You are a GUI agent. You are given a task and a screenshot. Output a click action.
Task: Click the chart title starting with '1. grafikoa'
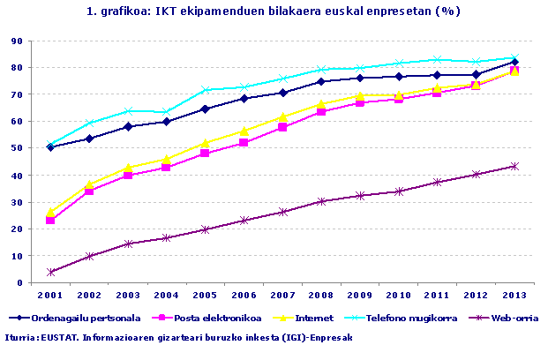tap(274, 11)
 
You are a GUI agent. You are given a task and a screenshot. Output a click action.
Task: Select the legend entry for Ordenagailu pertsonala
tap(79, 317)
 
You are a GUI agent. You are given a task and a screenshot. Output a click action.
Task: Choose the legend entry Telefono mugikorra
tap(407, 317)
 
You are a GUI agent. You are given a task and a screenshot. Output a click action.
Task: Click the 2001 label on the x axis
tap(50, 294)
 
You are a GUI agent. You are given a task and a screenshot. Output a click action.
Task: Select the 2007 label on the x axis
tap(282, 294)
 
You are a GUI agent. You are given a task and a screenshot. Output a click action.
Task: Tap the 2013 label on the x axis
tap(514, 294)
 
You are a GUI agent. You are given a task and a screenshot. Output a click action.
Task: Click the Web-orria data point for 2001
tap(50, 272)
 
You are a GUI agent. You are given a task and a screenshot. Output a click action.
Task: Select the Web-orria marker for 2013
tap(514, 166)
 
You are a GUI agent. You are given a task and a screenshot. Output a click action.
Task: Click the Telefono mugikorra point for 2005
tap(205, 90)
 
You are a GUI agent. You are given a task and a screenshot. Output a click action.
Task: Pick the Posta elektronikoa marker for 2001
tap(50, 220)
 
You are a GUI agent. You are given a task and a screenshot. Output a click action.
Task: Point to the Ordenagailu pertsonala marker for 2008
tap(321, 81)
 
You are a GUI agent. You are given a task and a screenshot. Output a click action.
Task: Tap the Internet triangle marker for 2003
tap(128, 167)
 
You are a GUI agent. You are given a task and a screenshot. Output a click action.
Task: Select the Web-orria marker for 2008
tap(321, 201)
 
